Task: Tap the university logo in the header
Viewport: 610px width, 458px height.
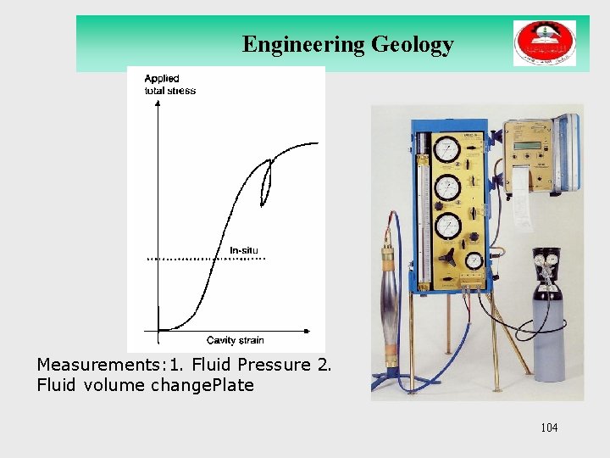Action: pos(544,43)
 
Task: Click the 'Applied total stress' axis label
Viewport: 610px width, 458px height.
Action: pos(169,85)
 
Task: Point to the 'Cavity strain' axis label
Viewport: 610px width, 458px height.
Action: pos(236,340)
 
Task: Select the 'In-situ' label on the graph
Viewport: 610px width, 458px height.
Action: pos(244,249)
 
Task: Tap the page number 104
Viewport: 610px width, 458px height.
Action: pos(549,427)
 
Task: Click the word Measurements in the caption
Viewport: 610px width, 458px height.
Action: pos(90,366)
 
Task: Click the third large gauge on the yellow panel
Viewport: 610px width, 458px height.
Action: pos(447,226)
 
